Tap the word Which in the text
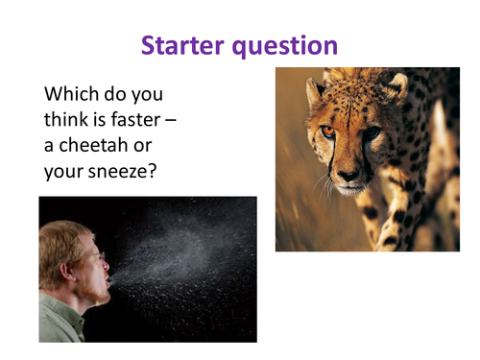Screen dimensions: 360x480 (69, 96)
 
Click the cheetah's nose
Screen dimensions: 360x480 (348, 175)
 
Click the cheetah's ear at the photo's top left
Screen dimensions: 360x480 (313, 91)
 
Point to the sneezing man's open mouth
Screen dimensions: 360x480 (109, 278)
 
